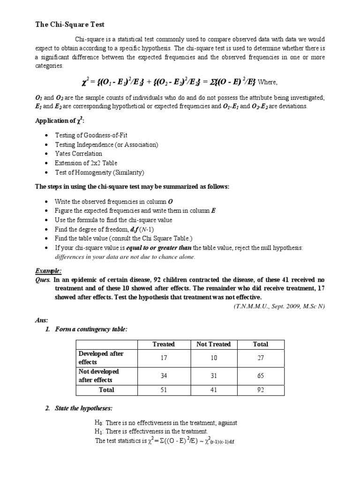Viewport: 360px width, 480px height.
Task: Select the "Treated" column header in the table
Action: pyautogui.click(x=164, y=344)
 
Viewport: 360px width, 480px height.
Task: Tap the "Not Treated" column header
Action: pyautogui.click(x=213, y=344)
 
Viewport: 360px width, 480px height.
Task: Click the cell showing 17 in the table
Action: pyautogui.click(x=164, y=358)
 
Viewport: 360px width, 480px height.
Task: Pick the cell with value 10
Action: pyautogui.click(x=213, y=358)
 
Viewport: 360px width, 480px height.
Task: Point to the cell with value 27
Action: pyautogui.click(x=261, y=358)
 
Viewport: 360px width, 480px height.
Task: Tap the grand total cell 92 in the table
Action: pyautogui.click(x=261, y=390)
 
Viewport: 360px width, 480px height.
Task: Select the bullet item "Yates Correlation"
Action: pyautogui.click(x=78, y=154)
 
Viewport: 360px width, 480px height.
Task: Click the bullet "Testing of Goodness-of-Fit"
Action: pyautogui.click(x=91, y=135)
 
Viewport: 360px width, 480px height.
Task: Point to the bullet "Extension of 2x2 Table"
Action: pyautogui.click(x=86, y=163)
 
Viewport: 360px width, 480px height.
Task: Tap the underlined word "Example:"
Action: pyautogui.click(x=49, y=271)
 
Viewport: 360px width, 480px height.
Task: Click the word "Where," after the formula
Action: pyautogui.click(x=268, y=82)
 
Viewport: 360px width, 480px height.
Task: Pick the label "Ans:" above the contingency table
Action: pyautogui.click(x=41, y=320)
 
